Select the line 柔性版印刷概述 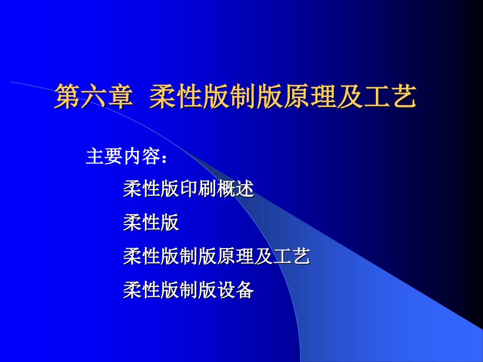pos(188,189)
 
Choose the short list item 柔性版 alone pos(151,223)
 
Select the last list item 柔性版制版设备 pos(188,290)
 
